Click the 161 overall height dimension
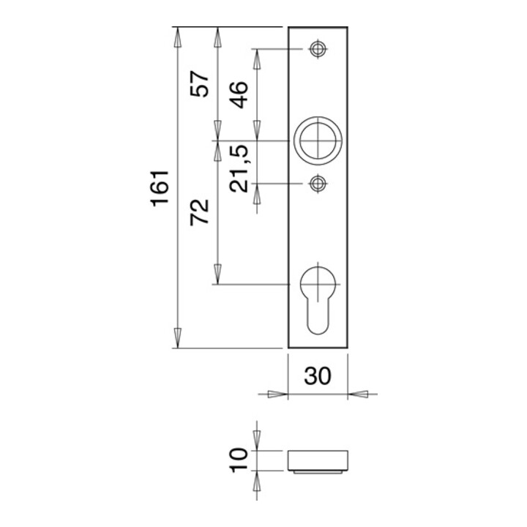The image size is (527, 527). pos(160,189)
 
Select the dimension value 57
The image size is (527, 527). pos(199,83)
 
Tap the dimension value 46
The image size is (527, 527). pos(239,94)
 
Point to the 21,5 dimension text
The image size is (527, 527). pos(239,169)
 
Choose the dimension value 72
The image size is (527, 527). pos(199,212)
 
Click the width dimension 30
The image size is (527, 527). pos(318,375)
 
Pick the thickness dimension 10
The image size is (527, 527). pos(239,460)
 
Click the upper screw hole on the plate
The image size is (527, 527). pos(318,50)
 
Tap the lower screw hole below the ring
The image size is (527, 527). pos(318,184)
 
